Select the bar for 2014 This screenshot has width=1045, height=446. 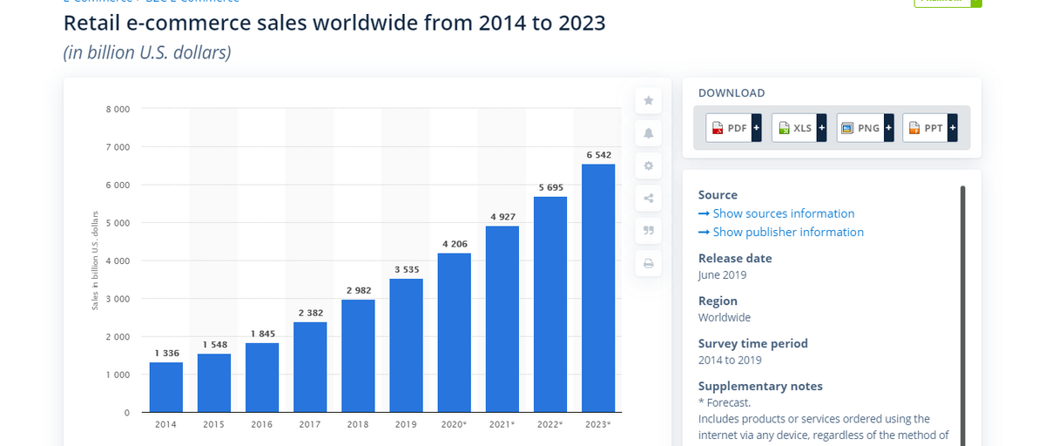(x=165, y=387)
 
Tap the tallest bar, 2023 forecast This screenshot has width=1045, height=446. (x=598, y=287)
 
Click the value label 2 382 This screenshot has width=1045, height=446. (x=311, y=313)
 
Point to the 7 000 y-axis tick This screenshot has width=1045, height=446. (x=118, y=147)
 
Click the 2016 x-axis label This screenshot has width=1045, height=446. (x=262, y=425)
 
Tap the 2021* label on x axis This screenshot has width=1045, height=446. (x=502, y=425)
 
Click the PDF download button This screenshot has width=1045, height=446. (x=733, y=128)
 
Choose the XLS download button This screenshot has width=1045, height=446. (x=799, y=128)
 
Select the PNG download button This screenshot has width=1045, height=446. (x=865, y=128)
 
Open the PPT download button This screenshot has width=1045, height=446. (x=930, y=128)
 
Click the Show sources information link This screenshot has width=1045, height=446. (x=776, y=213)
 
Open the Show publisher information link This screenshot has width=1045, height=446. (x=781, y=232)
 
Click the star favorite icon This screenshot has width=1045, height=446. (x=648, y=101)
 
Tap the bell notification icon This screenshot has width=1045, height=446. (x=648, y=133)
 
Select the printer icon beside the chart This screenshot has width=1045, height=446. (x=648, y=263)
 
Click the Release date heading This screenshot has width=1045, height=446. (x=735, y=258)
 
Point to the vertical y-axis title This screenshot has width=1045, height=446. (x=95, y=260)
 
